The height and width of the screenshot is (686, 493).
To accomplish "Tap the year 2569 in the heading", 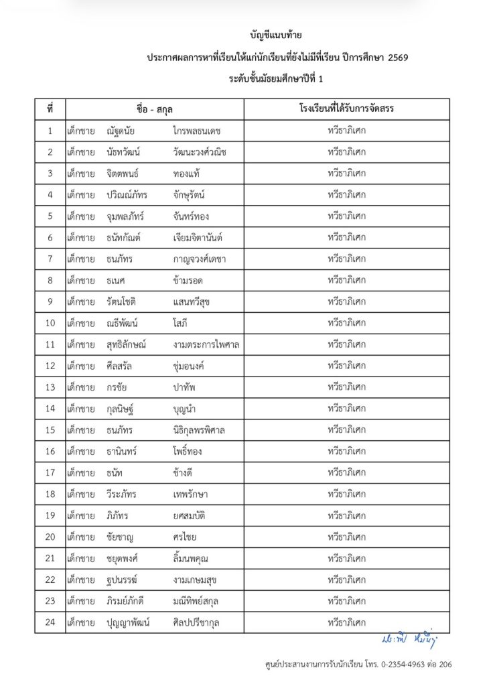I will (395, 58).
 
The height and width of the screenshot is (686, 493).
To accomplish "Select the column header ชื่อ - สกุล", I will (154, 109).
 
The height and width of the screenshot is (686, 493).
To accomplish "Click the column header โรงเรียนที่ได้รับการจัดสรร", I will (346, 109).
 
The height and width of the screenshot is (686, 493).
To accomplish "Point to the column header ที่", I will (50, 109).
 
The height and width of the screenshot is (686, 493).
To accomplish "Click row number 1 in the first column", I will (50, 130).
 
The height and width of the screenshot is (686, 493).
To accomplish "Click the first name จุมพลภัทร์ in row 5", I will (125, 216).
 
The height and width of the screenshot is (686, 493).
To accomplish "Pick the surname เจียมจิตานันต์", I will (197, 237).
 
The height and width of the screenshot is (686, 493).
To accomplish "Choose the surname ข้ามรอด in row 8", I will (188, 280).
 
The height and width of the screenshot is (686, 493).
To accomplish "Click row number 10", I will (50, 323).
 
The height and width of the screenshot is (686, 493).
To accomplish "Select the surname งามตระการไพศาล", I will (206, 344).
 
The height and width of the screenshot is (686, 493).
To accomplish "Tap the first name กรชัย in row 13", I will (117, 387).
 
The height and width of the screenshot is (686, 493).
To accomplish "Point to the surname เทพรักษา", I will (190, 494).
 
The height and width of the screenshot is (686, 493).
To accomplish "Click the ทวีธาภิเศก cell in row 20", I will (346, 537).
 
